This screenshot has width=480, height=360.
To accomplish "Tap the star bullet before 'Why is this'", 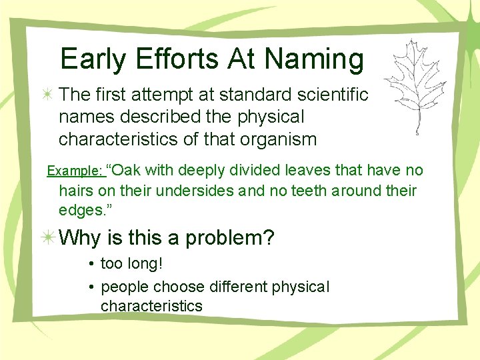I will [x=48, y=239].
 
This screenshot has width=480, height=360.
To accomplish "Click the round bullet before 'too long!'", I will [x=90, y=265].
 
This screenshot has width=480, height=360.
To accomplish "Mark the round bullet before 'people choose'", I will [x=90, y=287].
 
